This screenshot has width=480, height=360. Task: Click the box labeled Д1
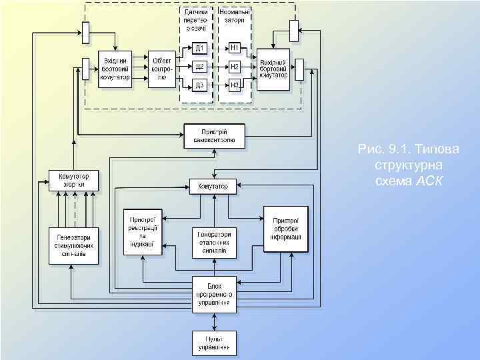(x=199, y=48)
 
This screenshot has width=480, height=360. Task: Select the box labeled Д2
(x=199, y=67)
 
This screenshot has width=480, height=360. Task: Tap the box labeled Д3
(x=199, y=85)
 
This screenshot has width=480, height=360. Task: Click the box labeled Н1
(x=235, y=48)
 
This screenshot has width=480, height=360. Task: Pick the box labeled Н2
(x=235, y=67)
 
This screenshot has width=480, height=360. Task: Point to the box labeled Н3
(x=235, y=85)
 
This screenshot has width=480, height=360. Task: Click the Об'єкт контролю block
(x=162, y=68)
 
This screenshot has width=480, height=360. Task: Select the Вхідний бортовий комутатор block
(x=115, y=68)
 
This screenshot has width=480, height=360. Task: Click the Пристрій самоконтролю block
(x=214, y=135)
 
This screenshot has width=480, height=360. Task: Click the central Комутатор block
(x=213, y=186)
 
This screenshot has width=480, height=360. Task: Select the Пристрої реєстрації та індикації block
(x=142, y=231)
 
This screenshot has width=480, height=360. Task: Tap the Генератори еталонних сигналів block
(x=213, y=243)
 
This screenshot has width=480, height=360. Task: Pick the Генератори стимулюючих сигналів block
(x=74, y=245)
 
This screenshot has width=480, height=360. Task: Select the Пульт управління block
(x=213, y=343)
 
